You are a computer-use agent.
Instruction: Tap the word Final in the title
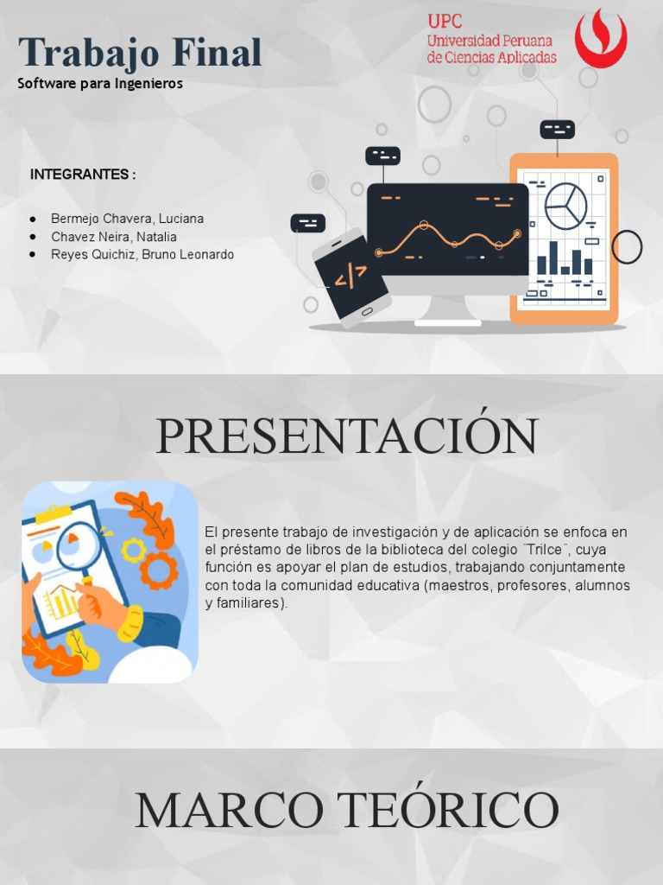click(x=216, y=53)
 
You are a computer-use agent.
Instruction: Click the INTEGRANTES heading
click(x=83, y=175)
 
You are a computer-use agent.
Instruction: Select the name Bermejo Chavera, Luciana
click(x=127, y=219)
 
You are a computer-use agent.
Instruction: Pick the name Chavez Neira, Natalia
click(x=114, y=237)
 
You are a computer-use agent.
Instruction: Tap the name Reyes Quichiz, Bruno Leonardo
click(x=142, y=255)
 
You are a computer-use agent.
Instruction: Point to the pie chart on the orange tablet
click(x=565, y=206)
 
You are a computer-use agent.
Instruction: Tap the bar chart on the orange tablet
click(x=565, y=258)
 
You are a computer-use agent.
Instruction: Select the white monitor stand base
click(x=448, y=322)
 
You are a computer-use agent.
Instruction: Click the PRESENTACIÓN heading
click(x=347, y=436)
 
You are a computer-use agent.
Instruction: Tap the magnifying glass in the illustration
click(x=78, y=550)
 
